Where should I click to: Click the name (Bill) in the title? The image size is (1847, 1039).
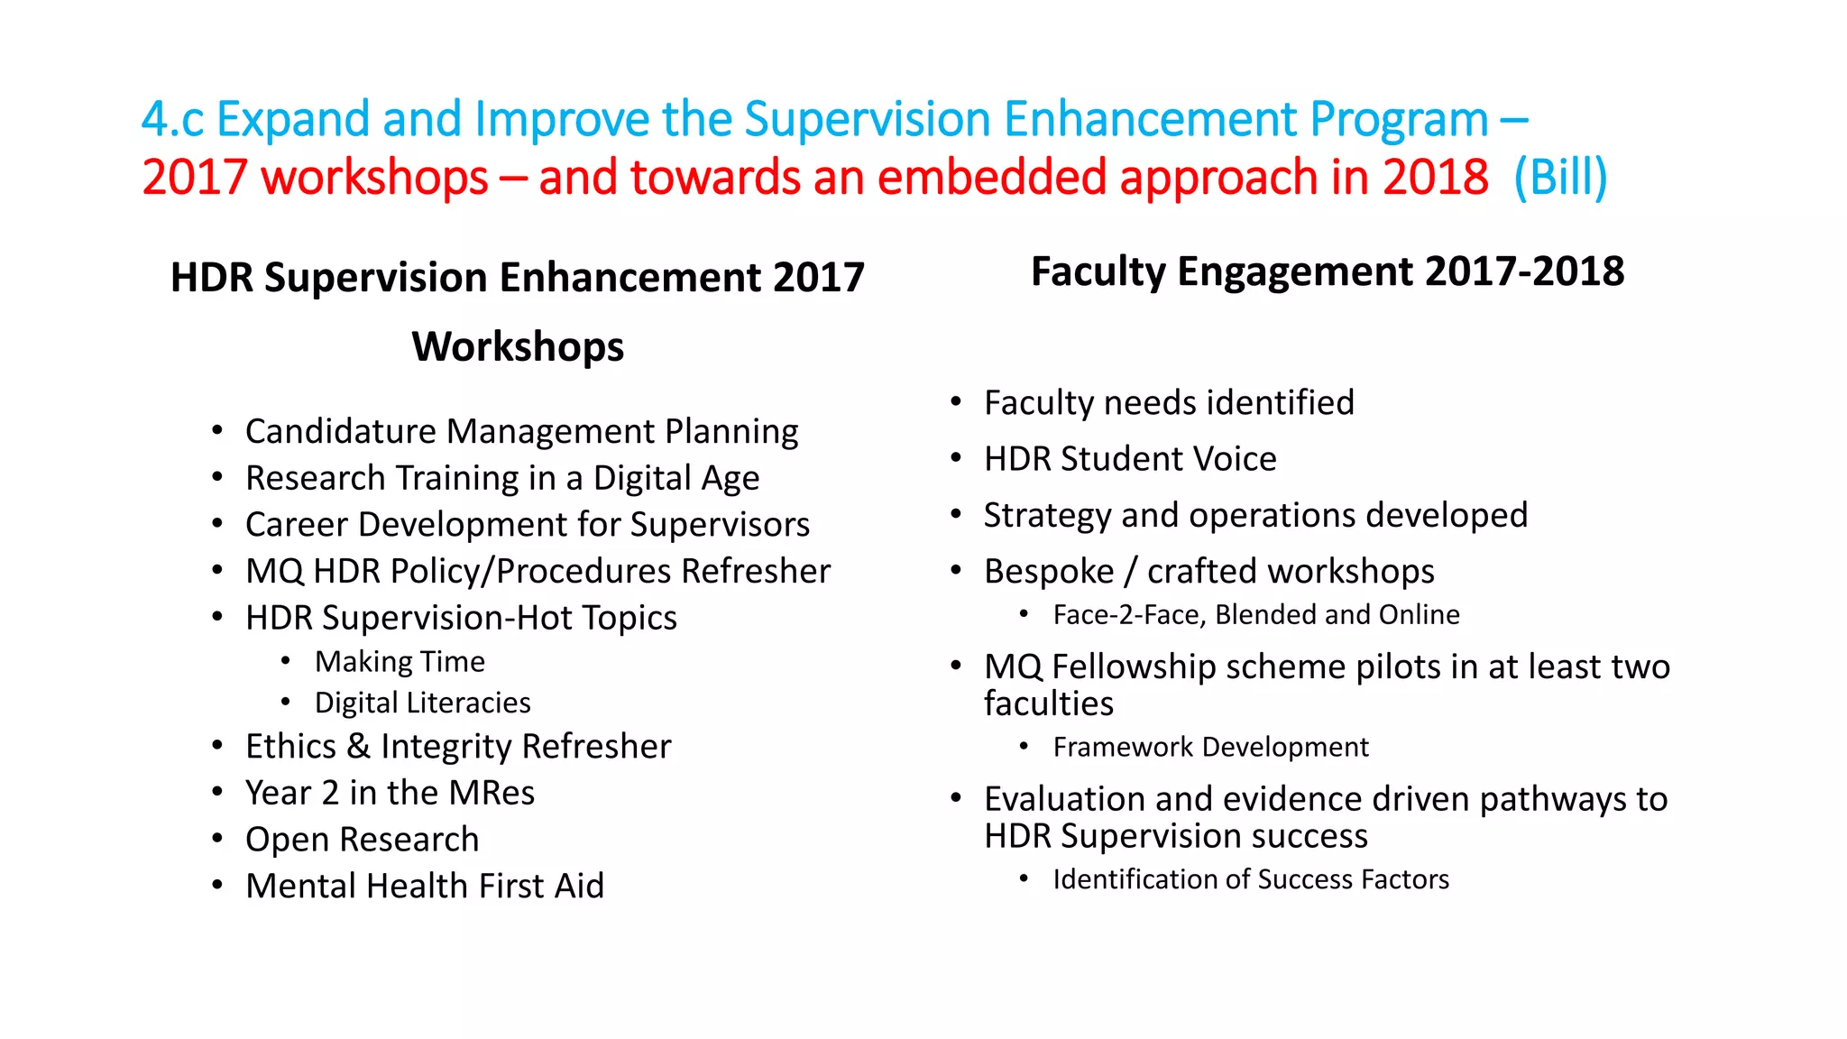coord(1560,177)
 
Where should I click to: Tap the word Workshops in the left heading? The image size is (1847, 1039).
coord(518,347)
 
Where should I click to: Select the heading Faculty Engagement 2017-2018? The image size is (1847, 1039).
coord(1327,271)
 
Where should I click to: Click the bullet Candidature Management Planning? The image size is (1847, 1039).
coord(521,432)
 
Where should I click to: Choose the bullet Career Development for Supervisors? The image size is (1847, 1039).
coord(527,525)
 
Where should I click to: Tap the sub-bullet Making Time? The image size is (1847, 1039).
coord(400,662)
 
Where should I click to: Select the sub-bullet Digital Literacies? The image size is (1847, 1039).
coord(422,703)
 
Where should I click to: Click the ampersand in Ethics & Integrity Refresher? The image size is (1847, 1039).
coord(358,747)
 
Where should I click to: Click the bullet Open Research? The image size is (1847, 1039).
coord(362,840)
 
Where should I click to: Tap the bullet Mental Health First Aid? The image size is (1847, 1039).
coord(425,886)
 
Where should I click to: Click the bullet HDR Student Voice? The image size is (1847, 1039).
coord(1130,459)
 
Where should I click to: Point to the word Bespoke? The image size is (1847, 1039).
coord(1049,572)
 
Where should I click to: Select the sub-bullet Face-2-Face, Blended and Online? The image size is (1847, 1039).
coord(1255,615)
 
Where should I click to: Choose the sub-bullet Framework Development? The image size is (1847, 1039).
coord(1210,748)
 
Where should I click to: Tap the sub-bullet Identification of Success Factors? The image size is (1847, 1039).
coord(1250,879)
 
